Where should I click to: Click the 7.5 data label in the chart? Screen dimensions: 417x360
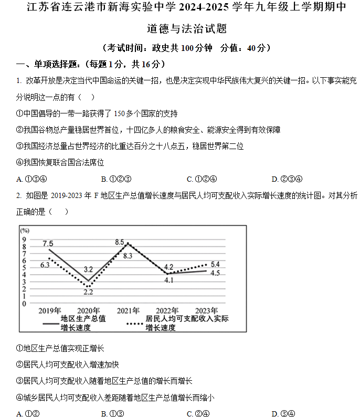[x=48, y=243]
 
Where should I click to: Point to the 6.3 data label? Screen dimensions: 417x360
[x=45, y=265]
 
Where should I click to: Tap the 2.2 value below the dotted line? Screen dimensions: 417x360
[x=88, y=292]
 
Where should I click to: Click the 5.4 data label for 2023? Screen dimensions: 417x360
[x=215, y=264]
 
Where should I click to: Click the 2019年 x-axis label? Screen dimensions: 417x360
[x=50, y=310]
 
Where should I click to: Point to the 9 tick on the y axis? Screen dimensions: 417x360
[x=24, y=239]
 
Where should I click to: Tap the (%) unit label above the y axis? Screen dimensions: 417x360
[x=25, y=231]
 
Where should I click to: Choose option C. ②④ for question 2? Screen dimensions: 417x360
[x=198, y=413]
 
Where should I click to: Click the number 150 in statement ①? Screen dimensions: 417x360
[x=119, y=113]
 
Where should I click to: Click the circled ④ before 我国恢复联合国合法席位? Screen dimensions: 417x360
[x=19, y=163]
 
